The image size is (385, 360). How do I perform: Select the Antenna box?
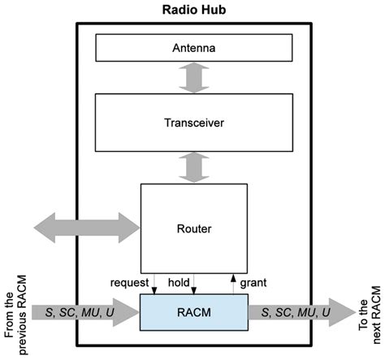(192, 48)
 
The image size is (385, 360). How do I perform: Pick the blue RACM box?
(192, 312)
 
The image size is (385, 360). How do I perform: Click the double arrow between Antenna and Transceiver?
(192, 78)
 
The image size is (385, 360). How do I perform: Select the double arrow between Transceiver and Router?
(192, 167)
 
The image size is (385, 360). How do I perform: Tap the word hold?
(179, 283)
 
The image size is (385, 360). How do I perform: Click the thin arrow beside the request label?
(154, 283)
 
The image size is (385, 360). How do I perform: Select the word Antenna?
(192, 48)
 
